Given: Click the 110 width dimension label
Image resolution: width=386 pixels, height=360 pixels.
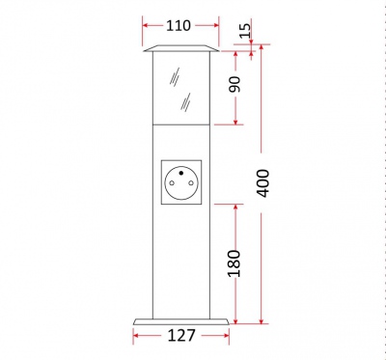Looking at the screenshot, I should point(179,26).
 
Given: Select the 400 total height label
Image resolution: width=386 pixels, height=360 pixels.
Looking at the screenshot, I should point(263,182).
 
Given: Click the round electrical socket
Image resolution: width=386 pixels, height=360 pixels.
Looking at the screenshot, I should point(180,180).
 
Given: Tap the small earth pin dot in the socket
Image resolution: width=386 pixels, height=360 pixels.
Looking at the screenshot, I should point(180,168).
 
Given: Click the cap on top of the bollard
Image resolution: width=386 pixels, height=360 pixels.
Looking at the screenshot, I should point(180,49).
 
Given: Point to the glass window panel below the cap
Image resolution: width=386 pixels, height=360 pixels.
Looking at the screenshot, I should point(180,89).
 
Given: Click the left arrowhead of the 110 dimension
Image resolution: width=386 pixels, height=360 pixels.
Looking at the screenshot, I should point(146,26).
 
